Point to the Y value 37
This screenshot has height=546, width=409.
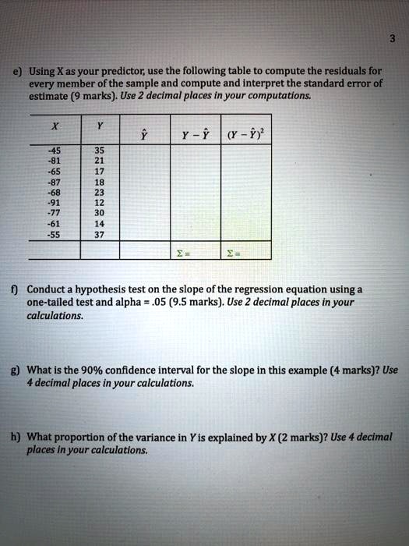pos(100,235)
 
